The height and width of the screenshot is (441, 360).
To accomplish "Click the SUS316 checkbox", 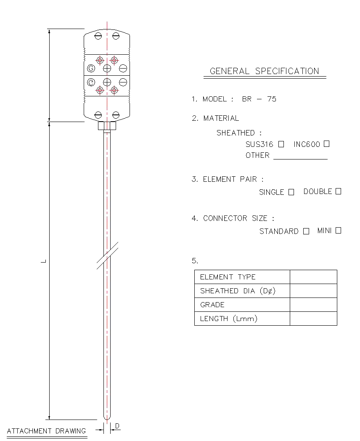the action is click(281, 144).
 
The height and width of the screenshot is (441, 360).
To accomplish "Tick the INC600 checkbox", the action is click(326, 144).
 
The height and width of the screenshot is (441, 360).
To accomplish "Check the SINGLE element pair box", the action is click(291, 192).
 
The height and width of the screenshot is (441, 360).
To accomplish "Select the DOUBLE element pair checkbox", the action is click(339, 191).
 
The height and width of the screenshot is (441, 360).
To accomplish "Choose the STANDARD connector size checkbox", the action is click(306, 231).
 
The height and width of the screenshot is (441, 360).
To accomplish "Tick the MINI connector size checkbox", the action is click(339, 230).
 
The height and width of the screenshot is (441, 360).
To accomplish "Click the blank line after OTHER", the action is click(300, 159).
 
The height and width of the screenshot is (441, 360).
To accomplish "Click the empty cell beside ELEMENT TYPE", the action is click(313, 277).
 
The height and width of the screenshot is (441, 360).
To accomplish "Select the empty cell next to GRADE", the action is click(313, 305).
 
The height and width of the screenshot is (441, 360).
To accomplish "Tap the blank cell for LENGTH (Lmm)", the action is click(313, 319).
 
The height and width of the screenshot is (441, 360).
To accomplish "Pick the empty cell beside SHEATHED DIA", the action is click(313, 291).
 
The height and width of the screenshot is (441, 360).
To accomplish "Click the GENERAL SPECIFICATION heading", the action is click(265, 71).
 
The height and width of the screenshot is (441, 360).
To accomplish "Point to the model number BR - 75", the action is click(259, 99).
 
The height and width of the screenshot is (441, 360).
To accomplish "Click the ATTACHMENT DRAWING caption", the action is click(46, 431).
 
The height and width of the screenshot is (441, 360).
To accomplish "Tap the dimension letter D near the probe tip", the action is click(117, 426).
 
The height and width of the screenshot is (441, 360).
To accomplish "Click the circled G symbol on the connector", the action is click(91, 68).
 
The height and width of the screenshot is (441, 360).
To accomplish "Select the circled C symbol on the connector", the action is click(91, 82).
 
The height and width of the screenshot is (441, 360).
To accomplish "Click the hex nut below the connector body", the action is click(107, 126).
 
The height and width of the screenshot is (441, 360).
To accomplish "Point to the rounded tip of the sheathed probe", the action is click(107, 418).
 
